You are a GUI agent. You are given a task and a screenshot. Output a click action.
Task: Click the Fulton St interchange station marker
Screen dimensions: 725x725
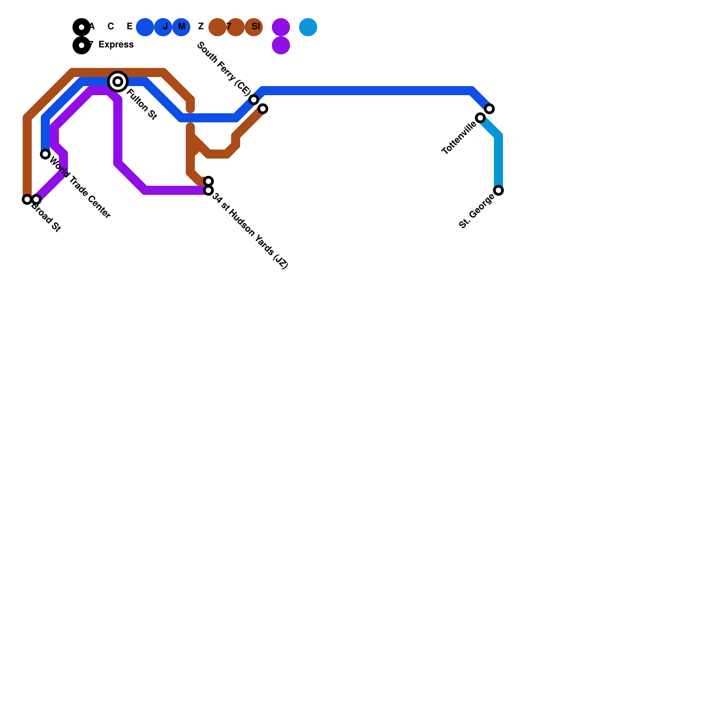click(118, 82)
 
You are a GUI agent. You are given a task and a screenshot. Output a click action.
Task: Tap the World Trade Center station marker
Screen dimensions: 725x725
click(45, 154)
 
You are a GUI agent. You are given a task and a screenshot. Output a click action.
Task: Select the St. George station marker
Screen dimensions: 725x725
click(498, 190)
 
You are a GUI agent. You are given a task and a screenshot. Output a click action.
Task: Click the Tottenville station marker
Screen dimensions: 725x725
click(480, 118)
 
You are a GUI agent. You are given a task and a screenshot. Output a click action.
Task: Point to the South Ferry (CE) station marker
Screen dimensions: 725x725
click(254, 100)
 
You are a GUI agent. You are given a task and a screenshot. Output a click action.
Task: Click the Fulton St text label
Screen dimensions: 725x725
click(141, 105)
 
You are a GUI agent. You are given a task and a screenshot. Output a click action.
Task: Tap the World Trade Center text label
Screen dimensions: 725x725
click(80, 187)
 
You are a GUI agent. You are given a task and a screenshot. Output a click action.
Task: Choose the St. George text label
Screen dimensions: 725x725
click(476, 211)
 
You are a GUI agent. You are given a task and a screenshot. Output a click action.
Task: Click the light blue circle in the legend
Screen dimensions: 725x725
click(308, 27)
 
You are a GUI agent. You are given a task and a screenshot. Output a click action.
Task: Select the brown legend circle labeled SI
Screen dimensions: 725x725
click(254, 27)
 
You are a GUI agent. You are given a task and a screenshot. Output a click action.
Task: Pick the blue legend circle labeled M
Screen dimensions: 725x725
click(181, 27)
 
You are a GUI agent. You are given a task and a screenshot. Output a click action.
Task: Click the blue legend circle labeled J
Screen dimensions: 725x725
click(163, 27)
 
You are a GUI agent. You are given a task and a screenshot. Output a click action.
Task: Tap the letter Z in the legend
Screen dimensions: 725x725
click(201, 27)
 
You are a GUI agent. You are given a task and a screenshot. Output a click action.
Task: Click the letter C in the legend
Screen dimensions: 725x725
click(111, 27)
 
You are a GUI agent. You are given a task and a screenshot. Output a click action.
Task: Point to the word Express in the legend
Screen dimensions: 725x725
click(116, 45)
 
